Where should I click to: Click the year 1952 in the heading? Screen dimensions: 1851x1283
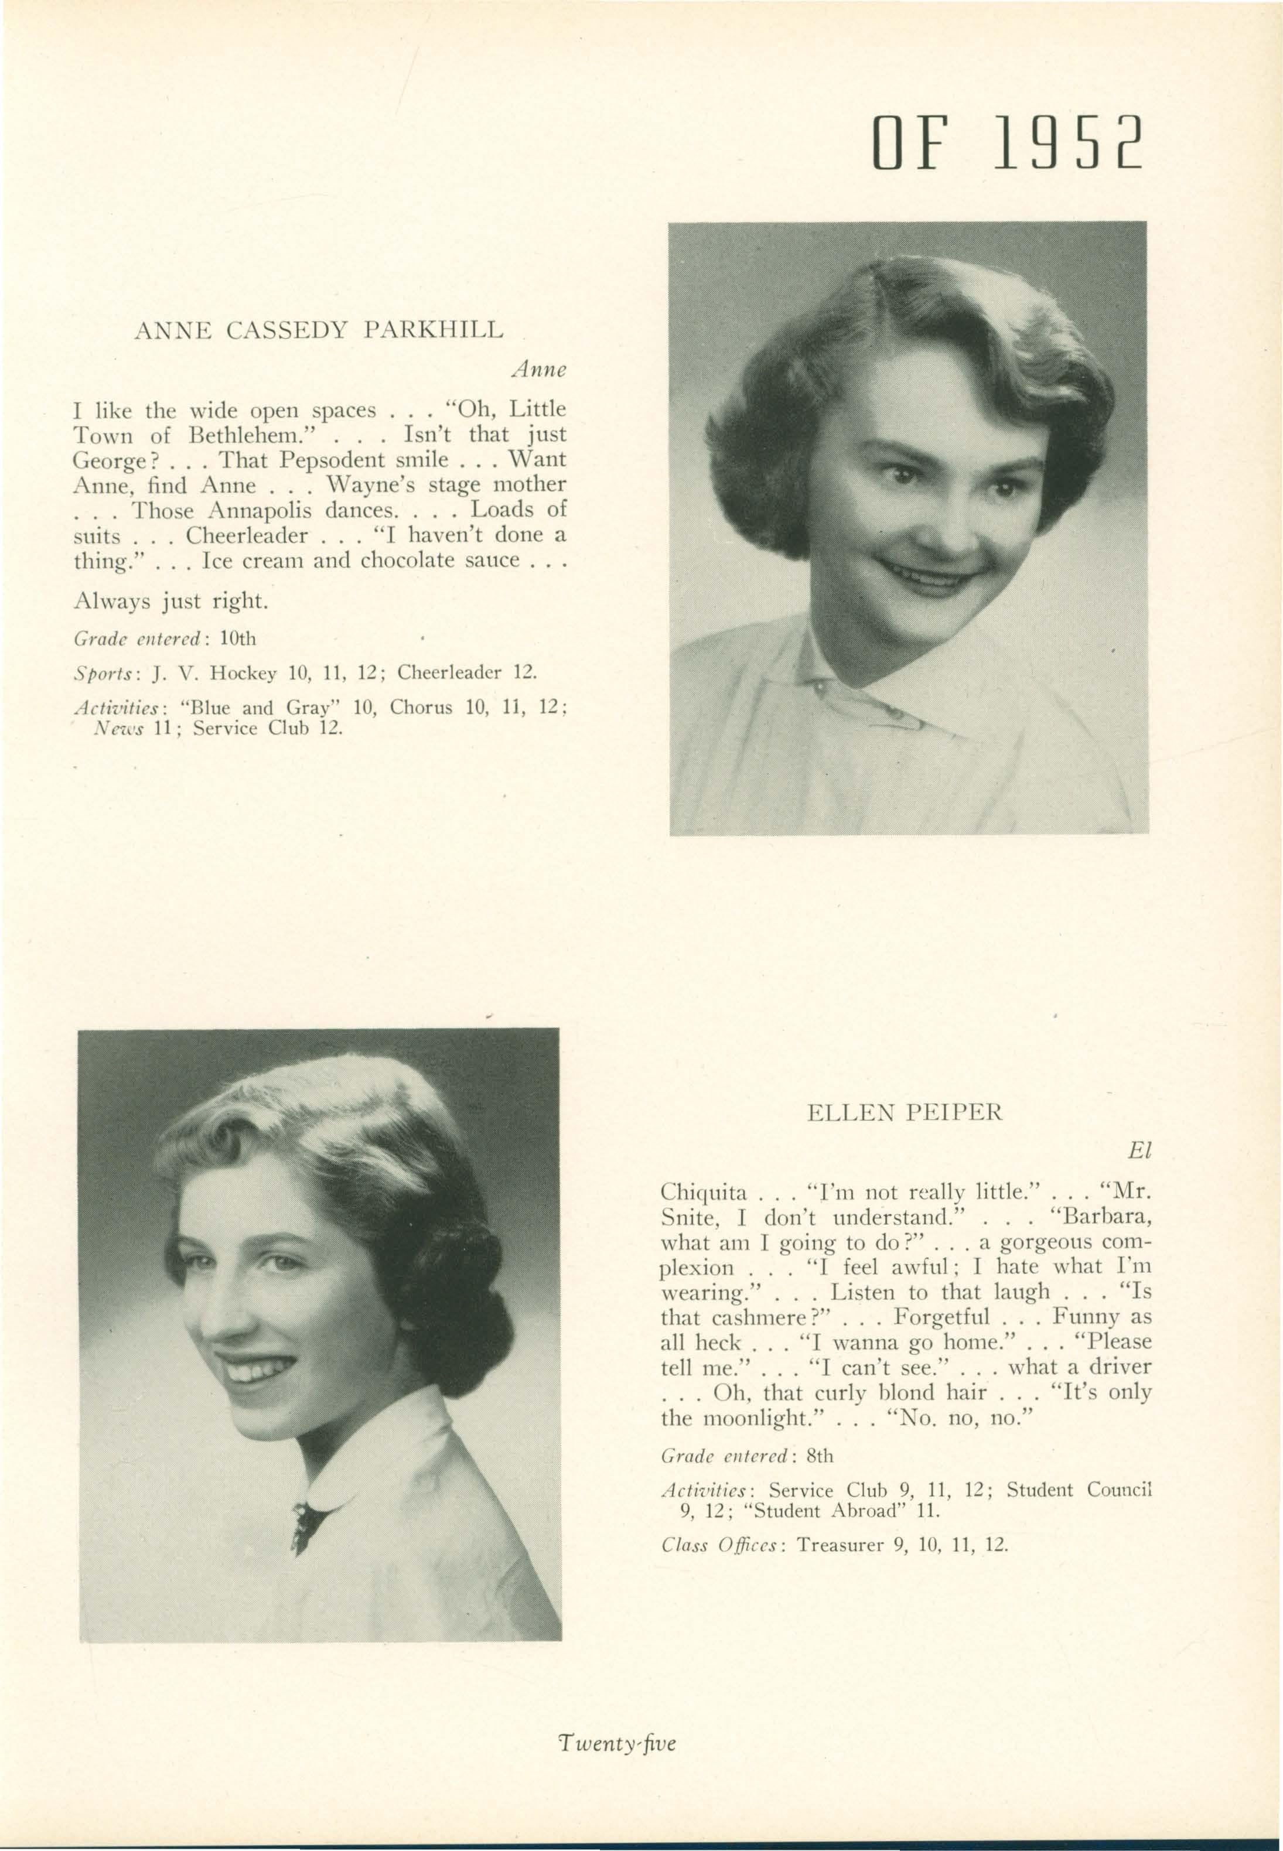coord(1067,143)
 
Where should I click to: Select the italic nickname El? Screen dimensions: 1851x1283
coord(1139,1151)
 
